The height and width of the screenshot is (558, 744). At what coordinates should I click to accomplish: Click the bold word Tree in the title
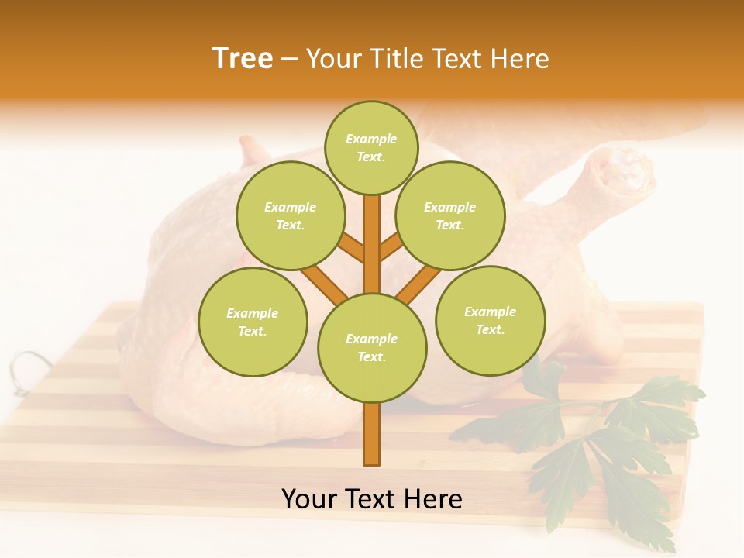click(x=243, y=59)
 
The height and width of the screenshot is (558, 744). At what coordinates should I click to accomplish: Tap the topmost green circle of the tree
click(x=371, y=147)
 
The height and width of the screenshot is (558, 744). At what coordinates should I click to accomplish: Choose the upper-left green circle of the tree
click(x=291, y=215)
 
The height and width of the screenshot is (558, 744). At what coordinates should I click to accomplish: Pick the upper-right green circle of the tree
click(x=450, y=215)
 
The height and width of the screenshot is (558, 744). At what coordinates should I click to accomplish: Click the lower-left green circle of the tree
click(x=253, y=322)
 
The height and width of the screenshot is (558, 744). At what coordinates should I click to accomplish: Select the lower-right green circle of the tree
click(x=491, y=320)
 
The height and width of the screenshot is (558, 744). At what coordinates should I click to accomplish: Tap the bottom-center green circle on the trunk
click(x=372, y=347)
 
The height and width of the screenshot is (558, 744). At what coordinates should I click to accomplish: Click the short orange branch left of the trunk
click(x=352, y=250)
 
